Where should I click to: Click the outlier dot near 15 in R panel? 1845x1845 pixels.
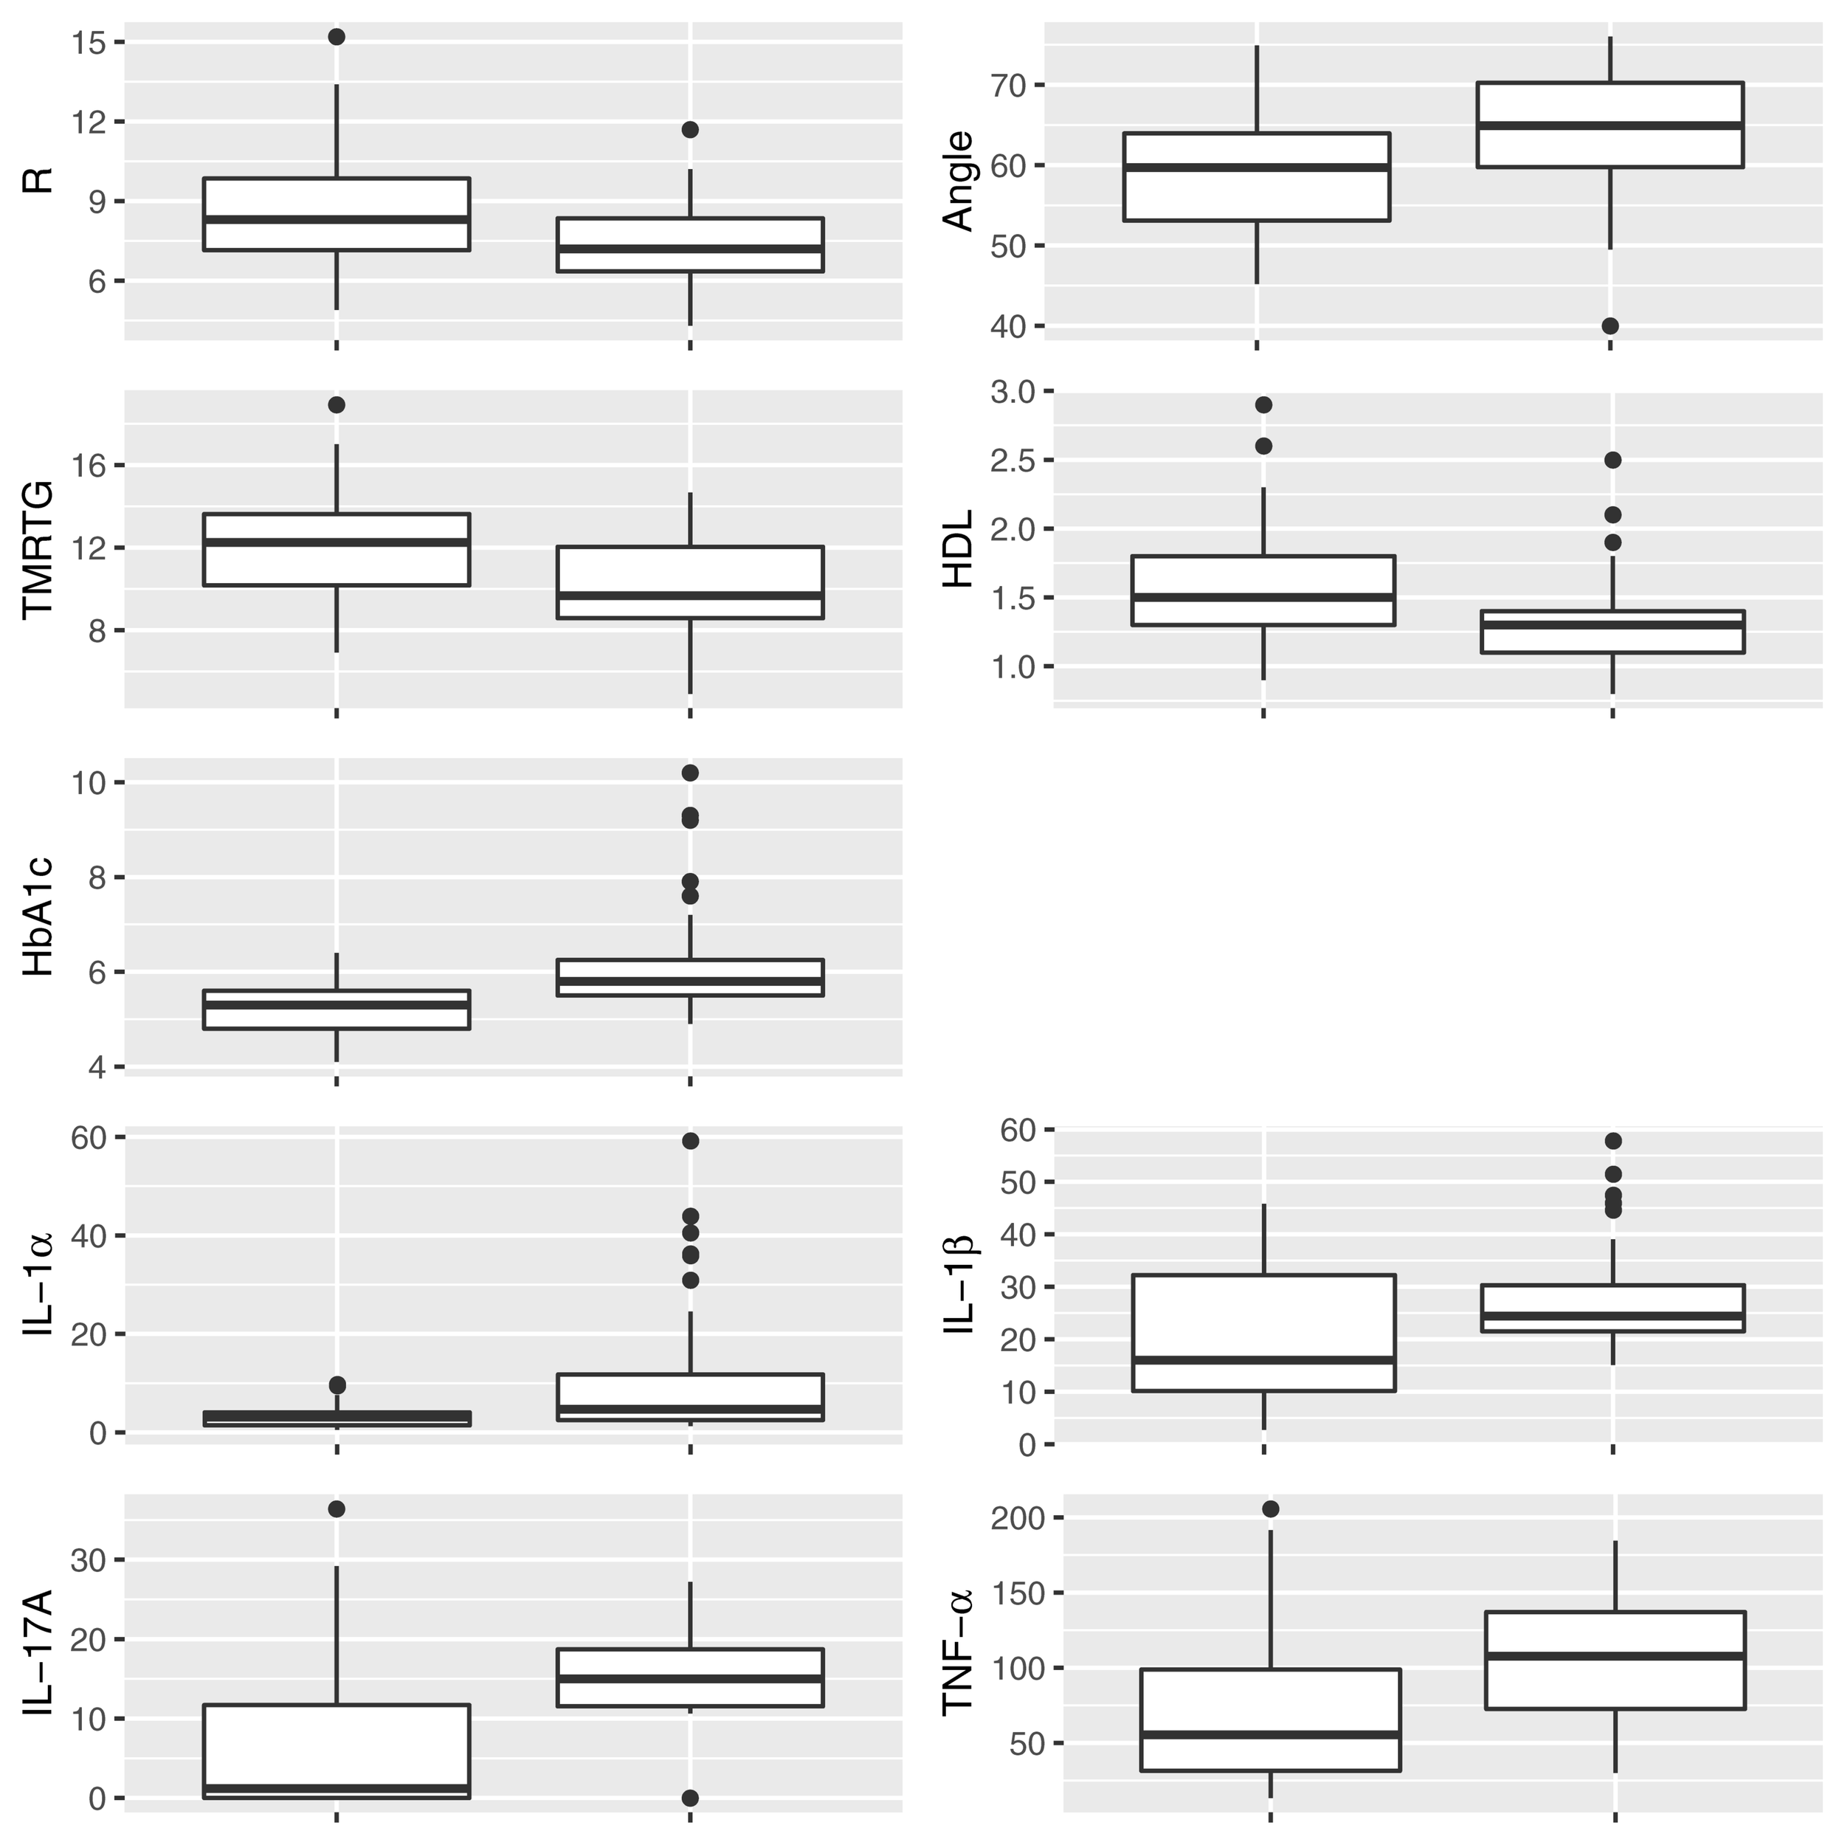[336, 36]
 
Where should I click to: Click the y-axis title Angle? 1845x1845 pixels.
[957, 182]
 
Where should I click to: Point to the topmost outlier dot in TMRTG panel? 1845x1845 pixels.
[336, 405]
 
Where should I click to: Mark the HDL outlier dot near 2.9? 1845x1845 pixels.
[1263, 405]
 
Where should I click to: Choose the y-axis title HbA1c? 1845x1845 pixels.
[38, 917]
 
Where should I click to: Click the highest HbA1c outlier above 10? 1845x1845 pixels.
[689, 772]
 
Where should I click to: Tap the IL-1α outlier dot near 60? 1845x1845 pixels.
[689, 1140]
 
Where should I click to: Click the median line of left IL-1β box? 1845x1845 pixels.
[1263, 1359]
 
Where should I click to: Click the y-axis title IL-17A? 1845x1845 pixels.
[38, 1652]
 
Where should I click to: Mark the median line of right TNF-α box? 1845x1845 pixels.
[1614, 1656]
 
